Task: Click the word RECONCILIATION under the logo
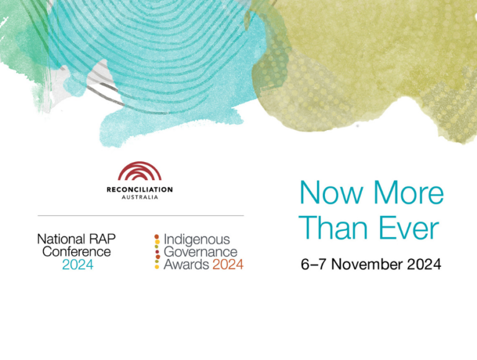point(140,190)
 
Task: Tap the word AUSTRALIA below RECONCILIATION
point(140,197)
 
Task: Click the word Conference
point(76,252)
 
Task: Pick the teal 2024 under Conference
point(78,265)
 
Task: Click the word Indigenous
point(197,240)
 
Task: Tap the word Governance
point(201,252)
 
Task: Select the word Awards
point(186,264)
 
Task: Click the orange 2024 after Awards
point(228,264)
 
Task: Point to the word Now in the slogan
point(331,193)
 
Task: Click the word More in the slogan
point(409,193)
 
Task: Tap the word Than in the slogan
point(333,228)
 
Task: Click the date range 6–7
point(314,264)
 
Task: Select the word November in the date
point(367,264)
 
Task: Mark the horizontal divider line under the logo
point(140,215)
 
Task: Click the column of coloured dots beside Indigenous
point(157,251)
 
